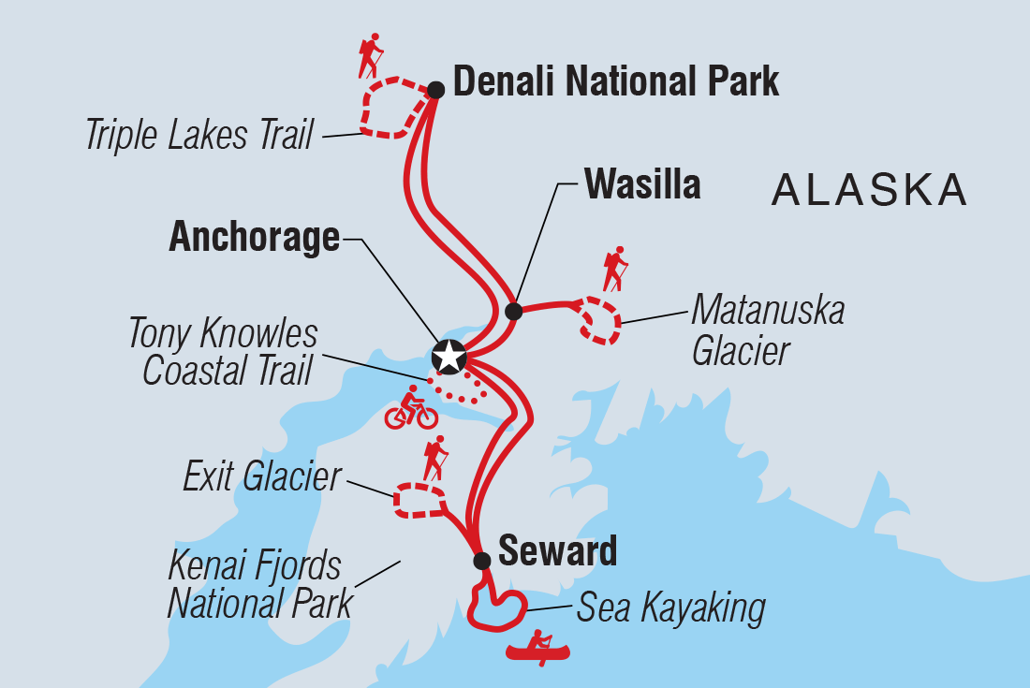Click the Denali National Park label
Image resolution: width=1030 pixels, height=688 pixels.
pyautogui.click(x=615, y=81)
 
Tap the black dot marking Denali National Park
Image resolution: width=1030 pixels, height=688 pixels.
pyautogui.click(x=435, y=90)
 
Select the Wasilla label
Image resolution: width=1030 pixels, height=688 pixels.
pyautogui.click(x=642, y=184)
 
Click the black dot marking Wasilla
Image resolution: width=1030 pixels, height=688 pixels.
pyautogui.click(x=513, y=311)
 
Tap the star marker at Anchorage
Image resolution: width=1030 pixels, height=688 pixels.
pyautogui.click(x=449, y=356)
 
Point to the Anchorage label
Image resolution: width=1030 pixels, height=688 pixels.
pyautogui.click(x=254, y=238)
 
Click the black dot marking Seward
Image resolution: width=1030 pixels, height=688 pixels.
pyautogui.click(x=481, y=561)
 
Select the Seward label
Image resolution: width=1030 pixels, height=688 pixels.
pyautogui.click(x=557, y=551)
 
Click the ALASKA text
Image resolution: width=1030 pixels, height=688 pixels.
pyautogui.click(x=869, y=190)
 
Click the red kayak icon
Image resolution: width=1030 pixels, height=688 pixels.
pyautogui.click(x=539, y=647)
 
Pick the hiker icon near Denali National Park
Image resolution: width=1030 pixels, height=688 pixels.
pyautogui.click(x=371, y=56)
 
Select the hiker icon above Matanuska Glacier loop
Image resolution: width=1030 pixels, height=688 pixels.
pyautogui.click(x=614, y=269)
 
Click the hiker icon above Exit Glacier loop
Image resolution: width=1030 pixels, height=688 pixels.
pyautogui.click(x=434, y=459)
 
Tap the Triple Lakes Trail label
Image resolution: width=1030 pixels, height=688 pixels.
pyautogui.click(x=199, y=136)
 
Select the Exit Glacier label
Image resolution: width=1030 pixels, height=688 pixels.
pyautogui.click(x=261, y=477)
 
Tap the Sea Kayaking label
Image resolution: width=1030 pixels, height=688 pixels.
pyautogui.click(x=670, y=607)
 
